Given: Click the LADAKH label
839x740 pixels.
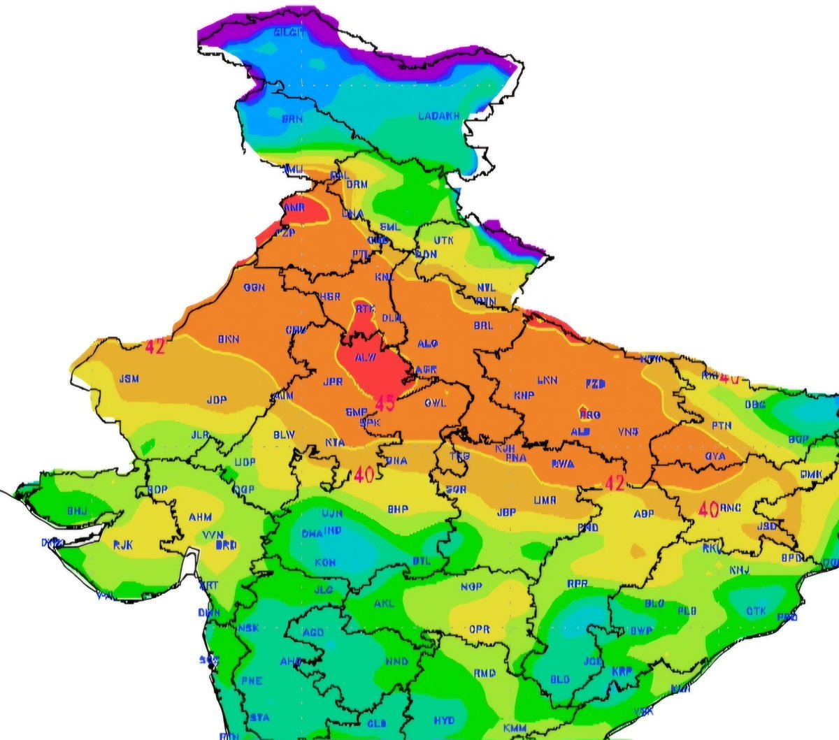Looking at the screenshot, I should pos(438,116).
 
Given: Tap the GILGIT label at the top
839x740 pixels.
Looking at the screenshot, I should pos(289,33).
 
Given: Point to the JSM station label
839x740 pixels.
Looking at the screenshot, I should pos(129,379).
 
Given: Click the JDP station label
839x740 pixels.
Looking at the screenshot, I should pos(217,400).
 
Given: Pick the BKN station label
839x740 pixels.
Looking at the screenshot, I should pos(228,340).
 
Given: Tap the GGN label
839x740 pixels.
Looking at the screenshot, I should pos(254,287).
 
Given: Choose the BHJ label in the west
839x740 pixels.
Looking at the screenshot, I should pos(77,512).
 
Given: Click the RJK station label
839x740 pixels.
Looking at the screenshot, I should pos(123,544).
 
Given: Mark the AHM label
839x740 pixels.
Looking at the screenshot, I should pos(200,518).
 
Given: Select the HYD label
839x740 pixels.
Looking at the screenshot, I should pos(443,720).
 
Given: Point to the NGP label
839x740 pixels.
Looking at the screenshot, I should pos(471,586).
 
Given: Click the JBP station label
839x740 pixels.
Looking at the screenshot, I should pos(506,512).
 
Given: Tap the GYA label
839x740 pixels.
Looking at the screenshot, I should pos(715,456).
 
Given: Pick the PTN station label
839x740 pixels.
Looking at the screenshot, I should pos(722,426).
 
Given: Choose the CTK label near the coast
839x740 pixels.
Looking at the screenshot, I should pos(756,611).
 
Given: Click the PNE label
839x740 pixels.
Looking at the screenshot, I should pos(251,681).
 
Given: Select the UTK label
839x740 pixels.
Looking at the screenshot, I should pos(443,240).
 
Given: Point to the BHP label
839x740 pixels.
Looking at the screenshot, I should pos(398,509).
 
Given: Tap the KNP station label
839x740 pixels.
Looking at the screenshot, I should pos(524,396).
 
